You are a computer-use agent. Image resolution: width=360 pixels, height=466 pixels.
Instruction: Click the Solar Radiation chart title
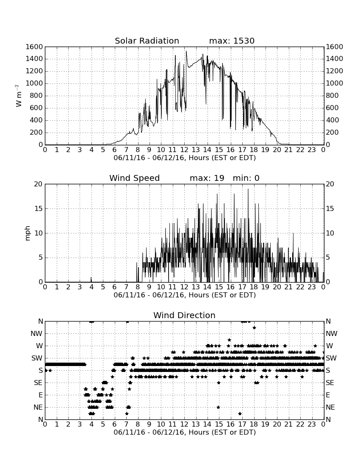147,41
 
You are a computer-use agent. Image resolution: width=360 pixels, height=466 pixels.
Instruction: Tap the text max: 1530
232,41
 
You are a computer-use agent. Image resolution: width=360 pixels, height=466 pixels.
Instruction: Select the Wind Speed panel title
134,178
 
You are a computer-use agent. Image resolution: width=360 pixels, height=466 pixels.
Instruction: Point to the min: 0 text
246,178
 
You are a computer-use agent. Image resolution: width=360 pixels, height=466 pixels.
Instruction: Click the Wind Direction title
184,315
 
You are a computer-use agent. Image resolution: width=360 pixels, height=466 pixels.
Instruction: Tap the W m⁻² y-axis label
18,96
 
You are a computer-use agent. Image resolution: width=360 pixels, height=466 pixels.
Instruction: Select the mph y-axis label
28,233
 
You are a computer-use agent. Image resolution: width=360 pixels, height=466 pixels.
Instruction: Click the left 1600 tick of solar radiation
34,47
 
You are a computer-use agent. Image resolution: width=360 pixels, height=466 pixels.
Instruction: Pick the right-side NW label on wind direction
332,334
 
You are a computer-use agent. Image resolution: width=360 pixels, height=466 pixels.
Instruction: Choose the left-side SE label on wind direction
38,383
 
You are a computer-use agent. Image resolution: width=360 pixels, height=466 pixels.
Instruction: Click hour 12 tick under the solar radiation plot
184,150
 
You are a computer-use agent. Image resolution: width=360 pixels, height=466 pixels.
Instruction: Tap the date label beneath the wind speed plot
185,295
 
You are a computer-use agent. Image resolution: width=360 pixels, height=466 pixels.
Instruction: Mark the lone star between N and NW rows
254,327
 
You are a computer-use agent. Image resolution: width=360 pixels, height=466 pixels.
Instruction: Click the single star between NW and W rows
229,340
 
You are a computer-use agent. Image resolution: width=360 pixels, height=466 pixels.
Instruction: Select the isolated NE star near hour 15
218,407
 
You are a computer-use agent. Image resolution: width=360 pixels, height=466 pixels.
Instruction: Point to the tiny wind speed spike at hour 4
91,279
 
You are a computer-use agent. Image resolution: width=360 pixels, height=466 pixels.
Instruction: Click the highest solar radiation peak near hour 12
186,51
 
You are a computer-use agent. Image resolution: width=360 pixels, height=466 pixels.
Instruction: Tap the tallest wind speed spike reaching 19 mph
248,189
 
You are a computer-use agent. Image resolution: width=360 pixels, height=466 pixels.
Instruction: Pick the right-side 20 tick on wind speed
330,184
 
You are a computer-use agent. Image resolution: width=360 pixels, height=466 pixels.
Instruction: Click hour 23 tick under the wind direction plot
312,424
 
